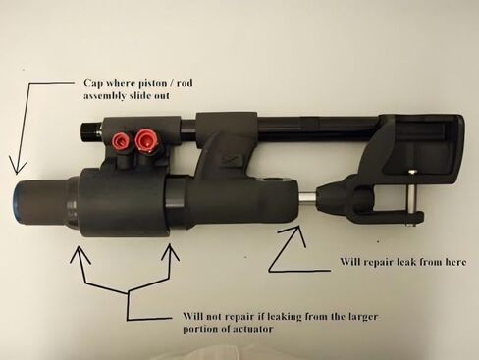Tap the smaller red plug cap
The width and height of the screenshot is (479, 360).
120,140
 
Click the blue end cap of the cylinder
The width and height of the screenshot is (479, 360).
16,205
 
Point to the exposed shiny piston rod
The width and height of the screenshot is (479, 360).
308,199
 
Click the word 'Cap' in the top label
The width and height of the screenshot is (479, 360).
93,83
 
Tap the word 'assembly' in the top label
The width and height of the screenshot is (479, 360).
104,96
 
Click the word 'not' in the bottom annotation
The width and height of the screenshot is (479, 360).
216,317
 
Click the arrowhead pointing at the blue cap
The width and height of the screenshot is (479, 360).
17,167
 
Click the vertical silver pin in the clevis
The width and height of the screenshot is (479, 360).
410,196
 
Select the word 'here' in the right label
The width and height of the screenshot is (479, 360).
454,262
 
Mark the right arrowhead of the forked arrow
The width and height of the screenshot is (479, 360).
171,252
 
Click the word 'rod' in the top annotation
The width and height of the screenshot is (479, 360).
185,83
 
